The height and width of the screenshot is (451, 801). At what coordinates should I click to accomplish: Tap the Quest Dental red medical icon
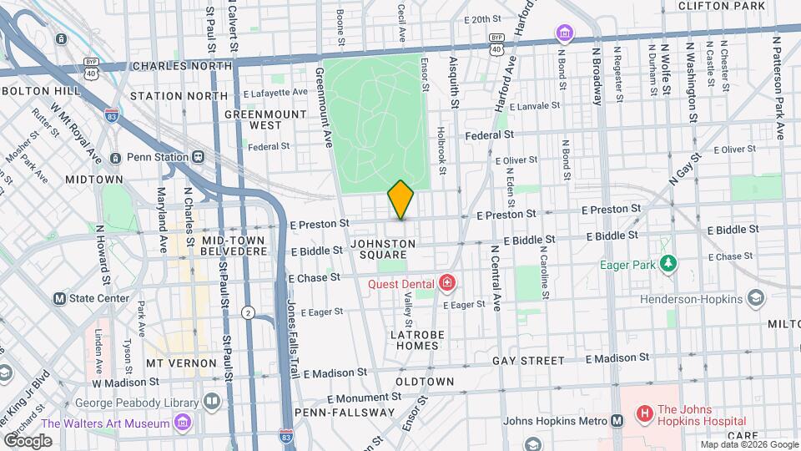tap(448, 283)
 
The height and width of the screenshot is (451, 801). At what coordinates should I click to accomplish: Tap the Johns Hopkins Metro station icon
tap(617, 421)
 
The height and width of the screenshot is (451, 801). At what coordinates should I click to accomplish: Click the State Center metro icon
tap(60, 298)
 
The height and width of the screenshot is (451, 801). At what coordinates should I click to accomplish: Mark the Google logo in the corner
tap(28, 440)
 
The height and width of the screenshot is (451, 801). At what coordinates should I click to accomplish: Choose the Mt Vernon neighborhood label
tap(181, 364)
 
